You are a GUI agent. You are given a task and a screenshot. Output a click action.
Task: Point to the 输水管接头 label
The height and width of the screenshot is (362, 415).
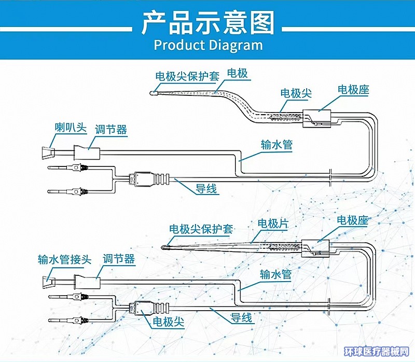pos(64,259)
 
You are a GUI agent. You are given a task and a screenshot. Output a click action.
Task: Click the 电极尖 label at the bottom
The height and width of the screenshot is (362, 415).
pos(168,322)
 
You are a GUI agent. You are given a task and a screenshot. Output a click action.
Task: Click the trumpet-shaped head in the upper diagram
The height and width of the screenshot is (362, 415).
pos(46,154)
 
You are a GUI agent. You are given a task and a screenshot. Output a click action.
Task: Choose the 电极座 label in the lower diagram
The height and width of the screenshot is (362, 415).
pos(352,220)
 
